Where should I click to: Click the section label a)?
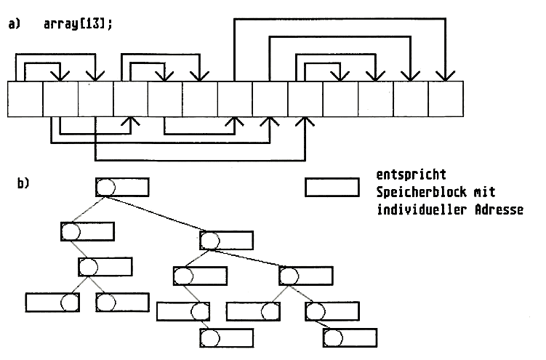coord(14,24)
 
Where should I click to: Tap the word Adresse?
coord(498,210)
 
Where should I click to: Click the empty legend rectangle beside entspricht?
coord(332,187)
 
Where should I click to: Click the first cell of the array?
coord(25,100)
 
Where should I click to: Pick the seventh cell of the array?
coord(235,100)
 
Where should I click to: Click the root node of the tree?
coord(122,187)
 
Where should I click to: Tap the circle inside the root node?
coord(106,187)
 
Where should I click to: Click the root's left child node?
coord(87,232)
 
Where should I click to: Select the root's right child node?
coord(227,241)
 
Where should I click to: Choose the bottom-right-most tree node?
coord(350,338)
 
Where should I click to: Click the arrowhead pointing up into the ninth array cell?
coord(305,124)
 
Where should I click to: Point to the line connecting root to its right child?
coord(174,216)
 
